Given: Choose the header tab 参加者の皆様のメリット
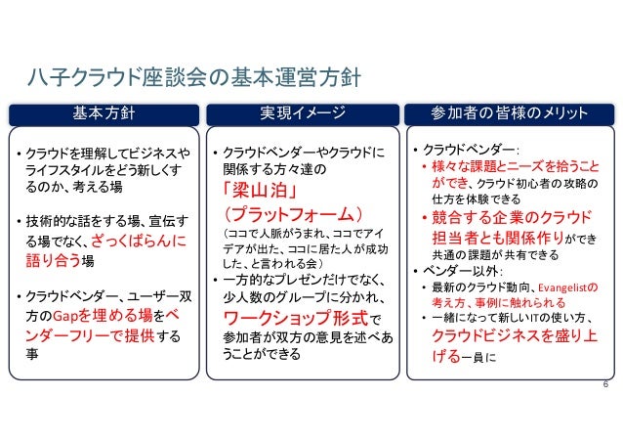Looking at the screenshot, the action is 510,113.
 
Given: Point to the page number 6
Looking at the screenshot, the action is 604,388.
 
